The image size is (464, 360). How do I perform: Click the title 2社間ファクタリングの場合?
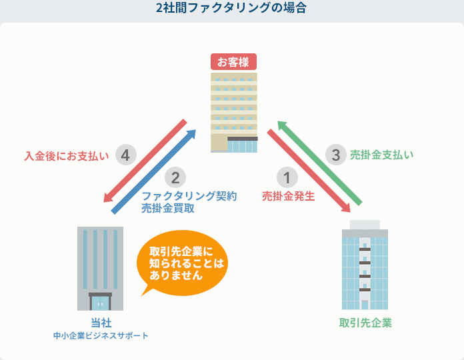231,8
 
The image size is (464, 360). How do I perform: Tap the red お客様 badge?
233,62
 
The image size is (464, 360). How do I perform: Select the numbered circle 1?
287,177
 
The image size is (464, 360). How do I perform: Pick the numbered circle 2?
175,177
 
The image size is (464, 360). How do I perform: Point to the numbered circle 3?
336,155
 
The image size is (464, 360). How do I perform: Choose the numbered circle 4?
126,155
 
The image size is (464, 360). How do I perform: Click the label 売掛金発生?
288,196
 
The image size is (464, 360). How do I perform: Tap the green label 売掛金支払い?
382,155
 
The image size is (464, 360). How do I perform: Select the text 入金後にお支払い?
67,156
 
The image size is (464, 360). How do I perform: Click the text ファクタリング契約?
189,196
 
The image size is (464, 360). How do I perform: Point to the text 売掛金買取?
168,208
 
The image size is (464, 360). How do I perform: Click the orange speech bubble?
183,263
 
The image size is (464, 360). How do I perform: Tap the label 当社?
101,323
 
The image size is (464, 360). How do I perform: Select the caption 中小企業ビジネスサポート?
101,336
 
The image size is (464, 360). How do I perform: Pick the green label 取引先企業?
365,323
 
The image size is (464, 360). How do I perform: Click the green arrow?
319,163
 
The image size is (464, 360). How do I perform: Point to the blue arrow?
154,171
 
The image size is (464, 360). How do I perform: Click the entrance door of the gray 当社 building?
100,302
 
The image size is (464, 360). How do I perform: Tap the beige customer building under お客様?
234,113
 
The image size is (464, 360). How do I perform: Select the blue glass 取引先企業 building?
365,265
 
